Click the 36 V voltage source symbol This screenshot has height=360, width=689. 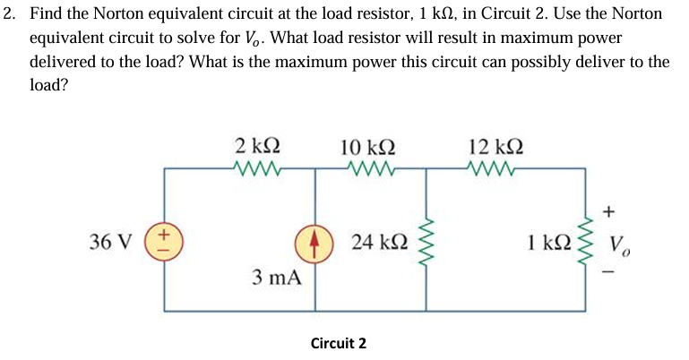coord(164,242)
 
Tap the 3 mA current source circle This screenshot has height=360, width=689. coord(314,242)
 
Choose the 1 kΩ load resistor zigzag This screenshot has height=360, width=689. coord(589,243)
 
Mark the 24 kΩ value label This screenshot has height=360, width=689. coord(381,242)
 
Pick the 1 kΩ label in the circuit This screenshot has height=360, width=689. coord(550,243)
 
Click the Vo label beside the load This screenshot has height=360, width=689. coord(619,244)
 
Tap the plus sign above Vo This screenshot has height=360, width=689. coord(609,211)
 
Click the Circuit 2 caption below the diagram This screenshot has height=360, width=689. coord(338,343)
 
